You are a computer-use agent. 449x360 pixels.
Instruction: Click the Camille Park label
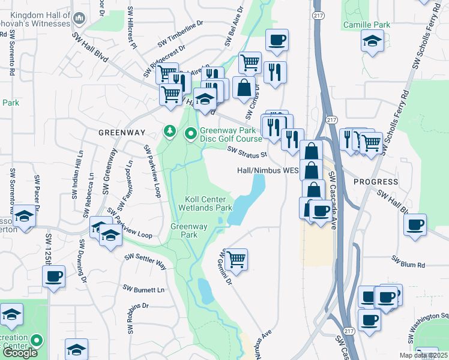click(366, 25)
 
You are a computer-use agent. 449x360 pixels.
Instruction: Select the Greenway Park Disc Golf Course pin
click(191, 133)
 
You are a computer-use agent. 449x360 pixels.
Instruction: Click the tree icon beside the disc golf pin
click(170, 131)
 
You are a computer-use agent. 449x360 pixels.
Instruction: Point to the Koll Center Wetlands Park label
click(205, 203)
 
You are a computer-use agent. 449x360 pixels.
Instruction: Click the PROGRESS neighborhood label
click(376, 181)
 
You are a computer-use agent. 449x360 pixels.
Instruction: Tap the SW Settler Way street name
click(145, 260)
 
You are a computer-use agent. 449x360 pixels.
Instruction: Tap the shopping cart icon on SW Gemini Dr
click(236, 259)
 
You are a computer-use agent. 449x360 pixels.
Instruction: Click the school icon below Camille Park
click(372, 41)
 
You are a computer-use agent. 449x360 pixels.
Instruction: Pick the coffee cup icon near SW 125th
click(54, 277)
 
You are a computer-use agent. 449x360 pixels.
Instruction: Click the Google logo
click(20, 353)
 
